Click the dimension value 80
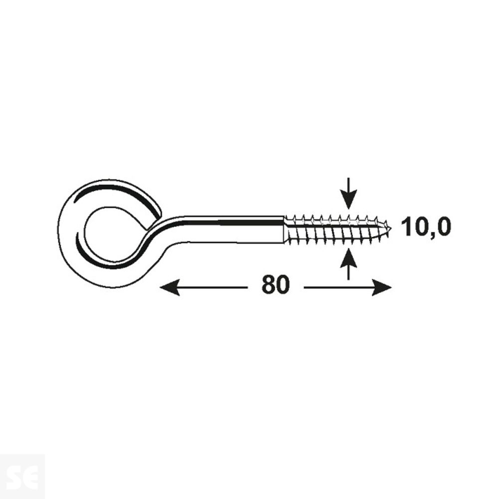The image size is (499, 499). click(x=275, y=284)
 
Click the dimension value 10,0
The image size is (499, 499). click(x=427, y=227)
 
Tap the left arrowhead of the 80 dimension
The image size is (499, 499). click(x=170, y=288)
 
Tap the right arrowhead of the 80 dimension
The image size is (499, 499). click(x=382, y=288)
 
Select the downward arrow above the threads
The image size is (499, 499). click(x=349, y=193)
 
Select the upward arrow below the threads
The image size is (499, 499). click(x=349, y=264)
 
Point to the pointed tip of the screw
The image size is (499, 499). click(x=391, y=228)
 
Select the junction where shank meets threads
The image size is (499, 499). click(x=284, y=230)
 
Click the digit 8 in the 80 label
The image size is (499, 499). click(x=268, y=284)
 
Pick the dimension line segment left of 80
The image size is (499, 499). click(x=204, y=288)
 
